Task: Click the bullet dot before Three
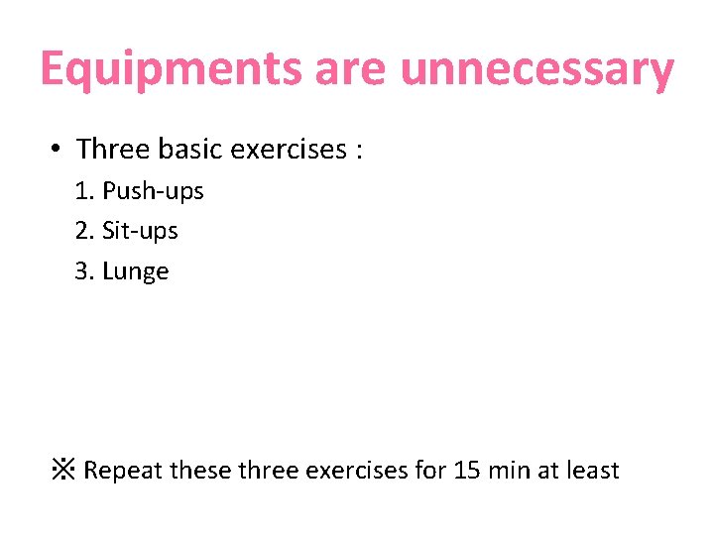click(58, 151)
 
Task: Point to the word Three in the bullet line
click(112, 150)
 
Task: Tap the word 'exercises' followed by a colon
click(288, 150)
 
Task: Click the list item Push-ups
click(153, 191)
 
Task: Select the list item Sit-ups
click(140, 231)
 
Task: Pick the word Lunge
click(136, 272)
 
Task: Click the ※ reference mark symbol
click(63, 470)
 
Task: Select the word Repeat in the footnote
click(124, 470)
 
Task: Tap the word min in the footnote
click(510, 470)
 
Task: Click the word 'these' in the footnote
click(202, 470)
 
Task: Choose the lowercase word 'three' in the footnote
click(270, 470)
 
